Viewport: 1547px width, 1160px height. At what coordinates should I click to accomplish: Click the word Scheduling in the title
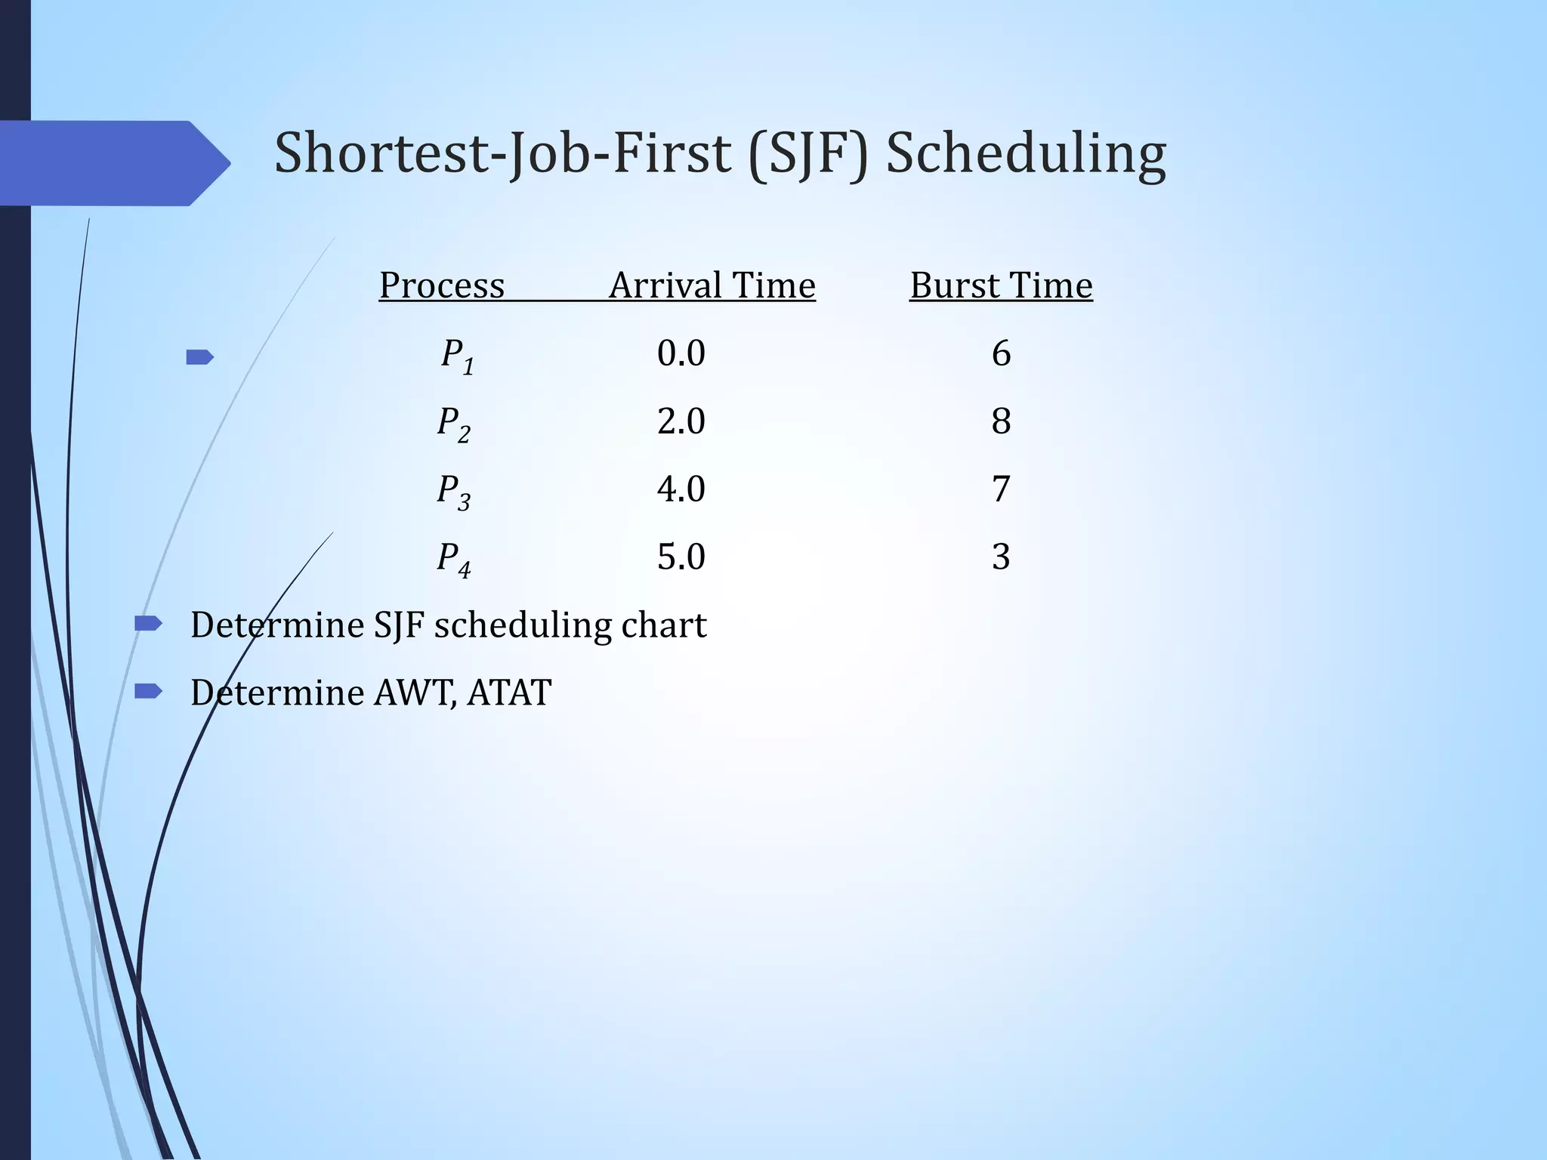1026,155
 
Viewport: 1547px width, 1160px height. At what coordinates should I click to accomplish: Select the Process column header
442,285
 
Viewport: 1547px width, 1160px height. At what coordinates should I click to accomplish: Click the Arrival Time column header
712,285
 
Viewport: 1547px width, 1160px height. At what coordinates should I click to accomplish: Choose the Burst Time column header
1001,285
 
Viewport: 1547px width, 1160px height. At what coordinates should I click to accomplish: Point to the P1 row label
458,355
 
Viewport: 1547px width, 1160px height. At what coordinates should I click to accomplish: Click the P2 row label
454,423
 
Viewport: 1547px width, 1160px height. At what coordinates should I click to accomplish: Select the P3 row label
454,491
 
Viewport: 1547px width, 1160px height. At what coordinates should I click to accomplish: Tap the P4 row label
454,559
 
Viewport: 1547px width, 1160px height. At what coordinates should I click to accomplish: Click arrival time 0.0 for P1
681,353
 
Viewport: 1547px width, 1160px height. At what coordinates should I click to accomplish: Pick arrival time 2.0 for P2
681,421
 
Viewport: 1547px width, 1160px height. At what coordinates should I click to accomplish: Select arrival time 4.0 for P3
681,489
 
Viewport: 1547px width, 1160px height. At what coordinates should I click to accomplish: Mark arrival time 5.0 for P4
681,557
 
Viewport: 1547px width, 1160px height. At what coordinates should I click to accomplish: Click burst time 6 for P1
1001,353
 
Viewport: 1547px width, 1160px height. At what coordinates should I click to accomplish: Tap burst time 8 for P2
1001,421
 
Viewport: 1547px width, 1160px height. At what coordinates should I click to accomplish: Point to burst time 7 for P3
1001,489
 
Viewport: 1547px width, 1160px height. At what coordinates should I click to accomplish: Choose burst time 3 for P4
1001,557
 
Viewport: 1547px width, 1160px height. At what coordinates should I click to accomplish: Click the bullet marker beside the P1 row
199,356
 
